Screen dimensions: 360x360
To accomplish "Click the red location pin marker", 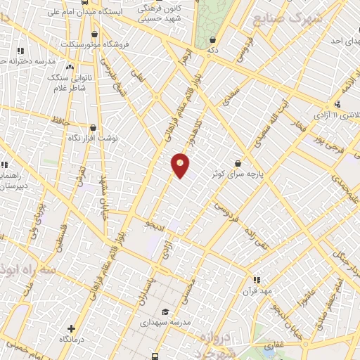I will [181, 165].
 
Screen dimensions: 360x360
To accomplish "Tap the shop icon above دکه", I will [212, 39].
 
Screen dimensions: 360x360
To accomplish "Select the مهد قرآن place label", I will [257, 289].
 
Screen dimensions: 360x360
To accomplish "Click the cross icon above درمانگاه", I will [71, 328].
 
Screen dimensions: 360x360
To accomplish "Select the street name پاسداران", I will [140, 289].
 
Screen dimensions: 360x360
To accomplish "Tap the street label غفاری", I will [271, 345].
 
